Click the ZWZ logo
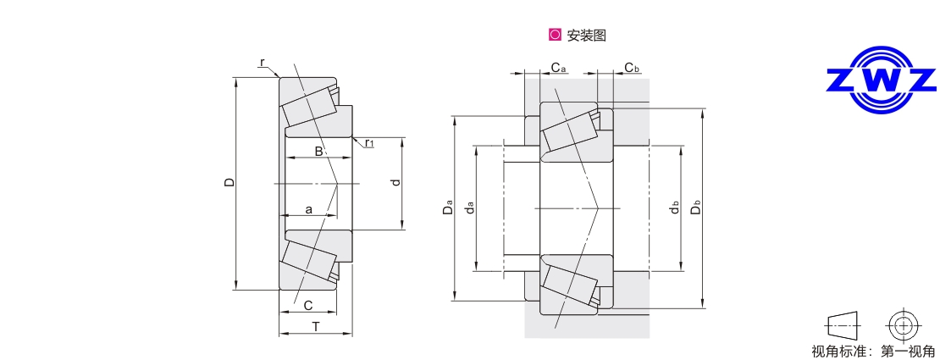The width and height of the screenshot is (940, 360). (882, 80)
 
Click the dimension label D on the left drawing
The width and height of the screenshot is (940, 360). (229, 184)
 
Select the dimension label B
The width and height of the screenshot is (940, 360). (318, 152)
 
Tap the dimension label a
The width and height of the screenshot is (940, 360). (308, 208)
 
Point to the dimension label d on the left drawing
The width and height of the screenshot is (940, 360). (395, 184)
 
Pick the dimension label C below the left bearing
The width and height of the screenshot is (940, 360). (308, 305)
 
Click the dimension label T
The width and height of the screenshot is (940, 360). (315, 326)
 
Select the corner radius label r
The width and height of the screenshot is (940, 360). (263, 63)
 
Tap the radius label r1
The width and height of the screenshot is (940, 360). (370, 144)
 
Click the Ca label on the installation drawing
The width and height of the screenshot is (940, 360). (558, 67)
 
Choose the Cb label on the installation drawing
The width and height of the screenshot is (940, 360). (632, 67)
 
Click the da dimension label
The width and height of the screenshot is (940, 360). (470, 208)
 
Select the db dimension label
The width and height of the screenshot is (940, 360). (674, 208)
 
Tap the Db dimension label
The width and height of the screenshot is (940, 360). (696, 208)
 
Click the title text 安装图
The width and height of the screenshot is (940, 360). (586, 36)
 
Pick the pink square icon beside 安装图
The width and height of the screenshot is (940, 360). (555, 36)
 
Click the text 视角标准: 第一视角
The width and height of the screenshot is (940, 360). (873, 351)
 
